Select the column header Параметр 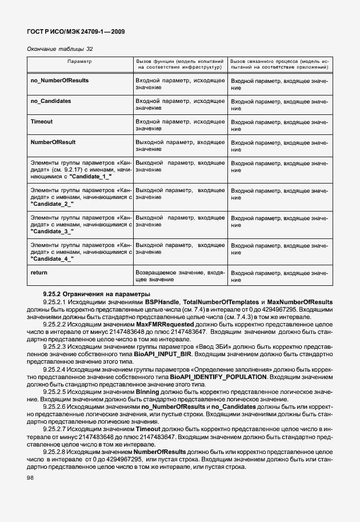pos(79,60)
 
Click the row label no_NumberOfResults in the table pos(59,81)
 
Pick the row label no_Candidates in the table pos(51,101)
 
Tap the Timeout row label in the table pos(41,122)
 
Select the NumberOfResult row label pos(53,142)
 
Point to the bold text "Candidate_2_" pos(52,204)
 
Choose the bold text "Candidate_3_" pos(52,231)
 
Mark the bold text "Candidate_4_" pos(52,258)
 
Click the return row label pos(39,273)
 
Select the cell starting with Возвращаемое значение pos(179,276)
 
